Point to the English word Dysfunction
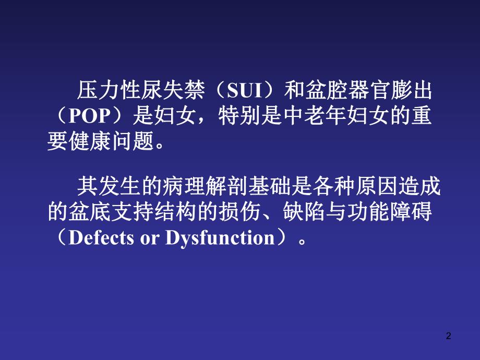pos(220,238)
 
